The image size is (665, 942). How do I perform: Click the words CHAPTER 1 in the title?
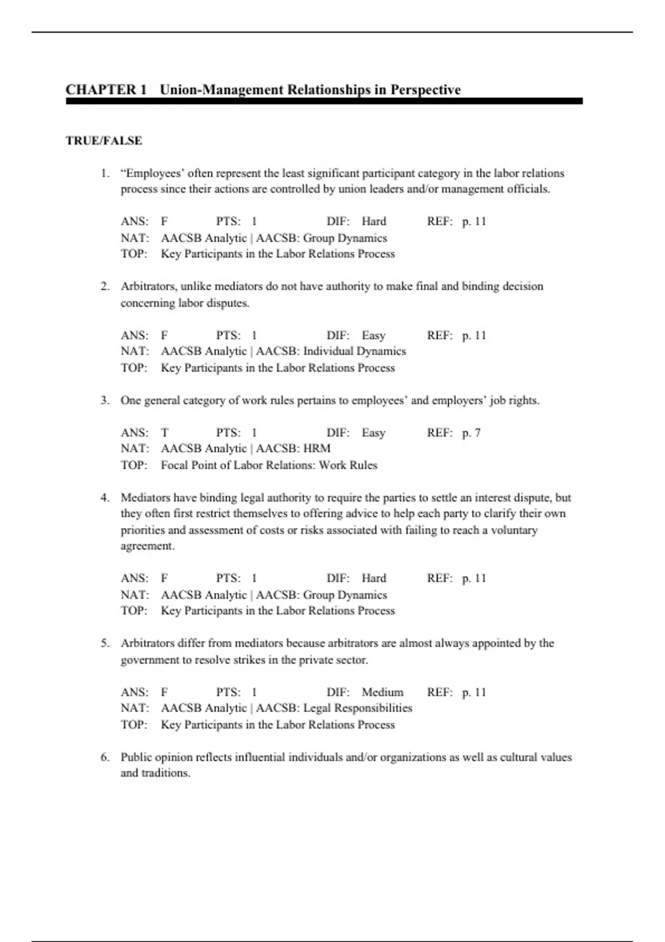coord(106,90)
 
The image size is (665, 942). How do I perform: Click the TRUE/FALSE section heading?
coord(104,141)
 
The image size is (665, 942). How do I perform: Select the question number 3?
coord(105,400)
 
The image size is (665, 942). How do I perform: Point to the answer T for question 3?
coord(165,433)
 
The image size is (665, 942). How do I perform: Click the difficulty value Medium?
coord(382,692)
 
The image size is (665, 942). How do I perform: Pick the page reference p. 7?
coord(471,433)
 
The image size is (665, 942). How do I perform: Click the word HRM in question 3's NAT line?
coord(316,448)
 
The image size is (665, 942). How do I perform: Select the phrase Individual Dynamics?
coord(354,351)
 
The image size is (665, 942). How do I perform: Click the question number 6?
coord(105,757)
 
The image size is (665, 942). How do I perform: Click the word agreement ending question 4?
coord(147,546)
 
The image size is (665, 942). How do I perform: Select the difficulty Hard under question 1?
coord(374,222)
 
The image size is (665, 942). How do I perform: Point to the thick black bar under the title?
coord(324,101)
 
